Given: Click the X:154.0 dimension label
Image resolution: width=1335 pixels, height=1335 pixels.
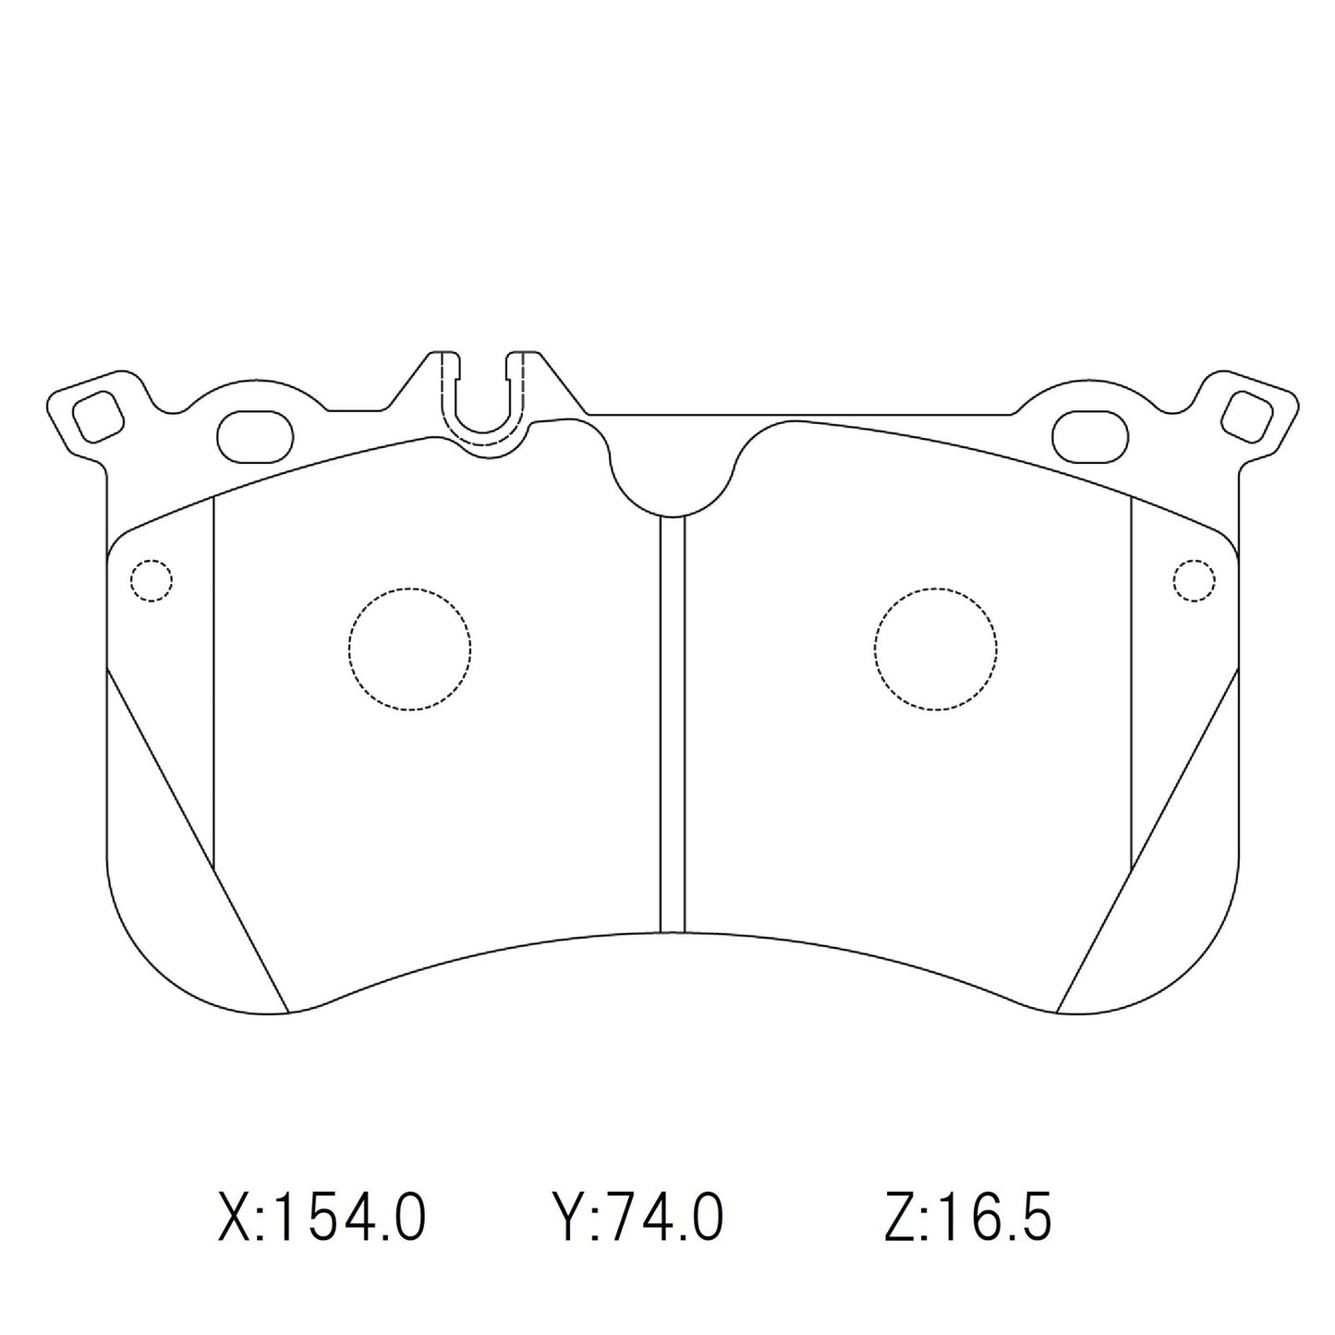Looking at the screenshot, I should pos(322,1219).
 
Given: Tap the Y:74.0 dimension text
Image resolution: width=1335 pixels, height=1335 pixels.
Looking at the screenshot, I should pos(637,1219).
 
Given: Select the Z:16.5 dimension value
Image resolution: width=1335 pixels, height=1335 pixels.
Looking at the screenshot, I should pos(967,1219).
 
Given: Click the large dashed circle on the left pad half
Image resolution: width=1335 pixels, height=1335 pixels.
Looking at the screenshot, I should pos(409,649).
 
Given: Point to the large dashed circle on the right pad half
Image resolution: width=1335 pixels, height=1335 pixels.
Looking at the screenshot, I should pos(935,649).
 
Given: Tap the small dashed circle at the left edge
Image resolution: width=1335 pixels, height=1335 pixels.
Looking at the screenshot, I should pos(152,580).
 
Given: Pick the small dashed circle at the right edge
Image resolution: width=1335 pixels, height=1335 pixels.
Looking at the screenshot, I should pos(1193,580).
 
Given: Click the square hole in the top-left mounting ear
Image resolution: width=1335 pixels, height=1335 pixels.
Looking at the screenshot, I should pos(98,415).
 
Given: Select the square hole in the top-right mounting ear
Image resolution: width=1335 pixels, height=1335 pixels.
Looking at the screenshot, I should pos(1245,415).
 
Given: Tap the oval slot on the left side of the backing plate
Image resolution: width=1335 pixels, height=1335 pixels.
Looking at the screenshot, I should pos(254,431).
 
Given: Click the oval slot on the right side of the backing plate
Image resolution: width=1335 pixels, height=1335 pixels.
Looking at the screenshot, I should pos(1090,431).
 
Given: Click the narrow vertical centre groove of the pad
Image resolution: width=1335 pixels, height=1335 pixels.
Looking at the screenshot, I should pos(673,725).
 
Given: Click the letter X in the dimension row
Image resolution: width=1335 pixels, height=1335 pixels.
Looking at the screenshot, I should pos(235,1219).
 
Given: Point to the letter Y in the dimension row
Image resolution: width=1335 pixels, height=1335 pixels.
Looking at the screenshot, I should pos(565,1219).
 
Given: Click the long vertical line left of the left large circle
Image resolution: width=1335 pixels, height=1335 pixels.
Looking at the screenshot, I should pos(213,684).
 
